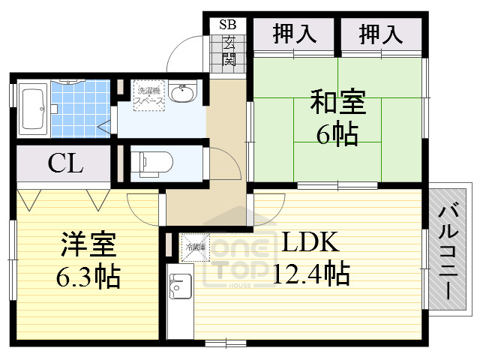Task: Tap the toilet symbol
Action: tap(153, 161)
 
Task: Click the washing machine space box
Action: tap(149, 98)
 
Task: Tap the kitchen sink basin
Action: tap(180, 287)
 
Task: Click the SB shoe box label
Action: tap(228, 24)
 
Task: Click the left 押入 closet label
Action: tap(292, 33)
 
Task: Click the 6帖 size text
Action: tap(337, 135)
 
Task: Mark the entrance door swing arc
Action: tap(182, 52)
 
